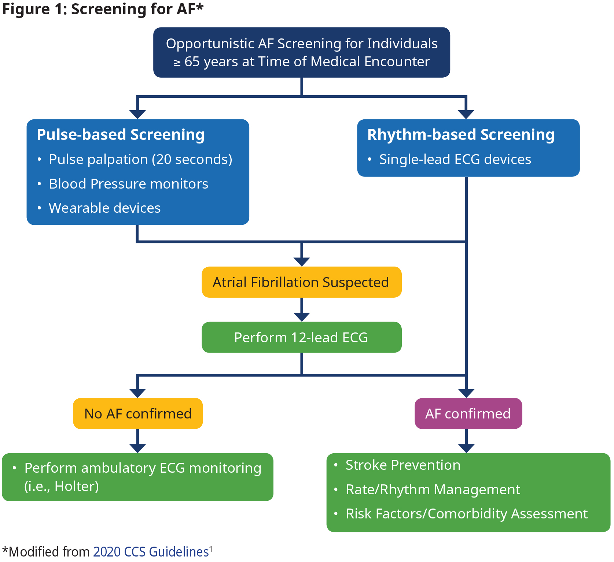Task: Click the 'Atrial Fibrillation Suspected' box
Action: pos(301,282)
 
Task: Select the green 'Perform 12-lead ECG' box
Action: pos(301,337)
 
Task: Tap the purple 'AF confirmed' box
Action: pos(468,413)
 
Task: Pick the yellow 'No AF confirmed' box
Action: pos(138,413)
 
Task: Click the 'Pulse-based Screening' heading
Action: pos(121,134)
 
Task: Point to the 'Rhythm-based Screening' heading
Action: pos(461,134)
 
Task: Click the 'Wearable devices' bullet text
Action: pos(105,208)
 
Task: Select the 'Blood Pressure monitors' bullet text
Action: pos(129,184)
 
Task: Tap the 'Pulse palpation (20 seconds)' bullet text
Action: pos(141,160)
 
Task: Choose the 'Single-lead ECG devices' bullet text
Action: pos(455,159)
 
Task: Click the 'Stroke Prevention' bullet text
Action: pos(403,465)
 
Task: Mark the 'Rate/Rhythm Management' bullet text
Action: pos(433,490)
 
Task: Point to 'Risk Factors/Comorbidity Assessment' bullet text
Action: pos(467,514)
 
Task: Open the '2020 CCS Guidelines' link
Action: pos(151,551)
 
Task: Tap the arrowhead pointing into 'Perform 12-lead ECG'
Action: pos(302,317)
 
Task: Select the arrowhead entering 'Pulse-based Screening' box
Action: pos(137,115)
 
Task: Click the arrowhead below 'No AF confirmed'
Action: pos(138,449)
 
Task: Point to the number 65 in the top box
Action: pos(192,62)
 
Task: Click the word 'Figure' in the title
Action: pos(26,10)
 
